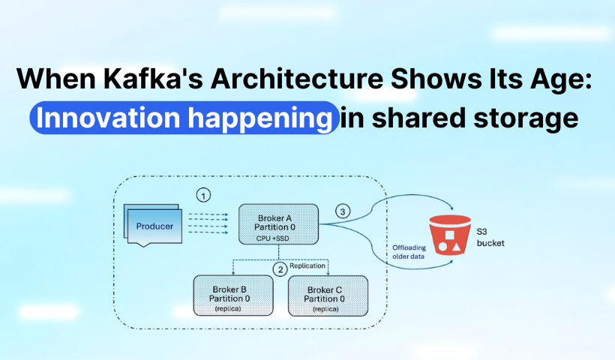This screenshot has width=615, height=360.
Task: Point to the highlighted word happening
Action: click(259, 118)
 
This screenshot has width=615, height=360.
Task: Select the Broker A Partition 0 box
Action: click(277, 223)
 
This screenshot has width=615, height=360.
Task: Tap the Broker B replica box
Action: click(229, 295)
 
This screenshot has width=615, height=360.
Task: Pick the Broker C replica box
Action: click(327, 295)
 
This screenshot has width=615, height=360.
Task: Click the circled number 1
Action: click(203, 196)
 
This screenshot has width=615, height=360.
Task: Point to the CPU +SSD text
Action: click(277, 238)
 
